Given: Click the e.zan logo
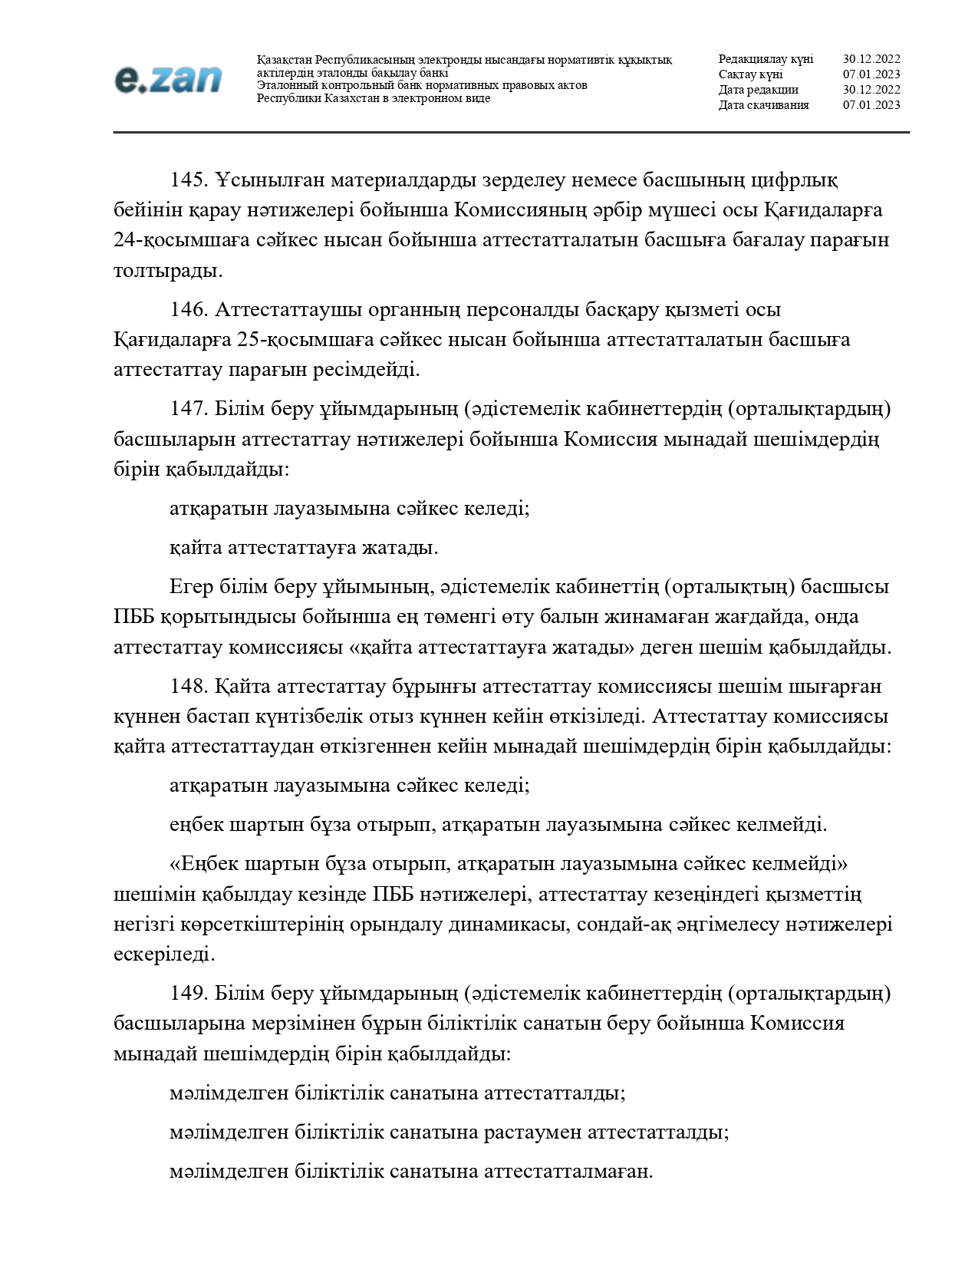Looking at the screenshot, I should [x=168, y=80].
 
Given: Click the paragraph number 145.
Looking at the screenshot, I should [x=189, y=180].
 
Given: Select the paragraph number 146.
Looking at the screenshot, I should [x=189, y=310].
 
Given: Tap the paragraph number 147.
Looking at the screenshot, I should [x=189, y=410].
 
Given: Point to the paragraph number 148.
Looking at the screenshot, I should [x=189, y=686].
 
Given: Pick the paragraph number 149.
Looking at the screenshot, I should [x=189, y=994].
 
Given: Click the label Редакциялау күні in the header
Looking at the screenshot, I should [x=766, y=59].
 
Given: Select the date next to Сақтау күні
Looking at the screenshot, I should [x=871, y=74].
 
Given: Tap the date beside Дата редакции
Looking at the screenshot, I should [x=871, y=90].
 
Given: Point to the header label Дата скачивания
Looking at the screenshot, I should [x=763, y=105].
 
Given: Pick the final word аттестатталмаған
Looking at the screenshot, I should [x=568, y=1172].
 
